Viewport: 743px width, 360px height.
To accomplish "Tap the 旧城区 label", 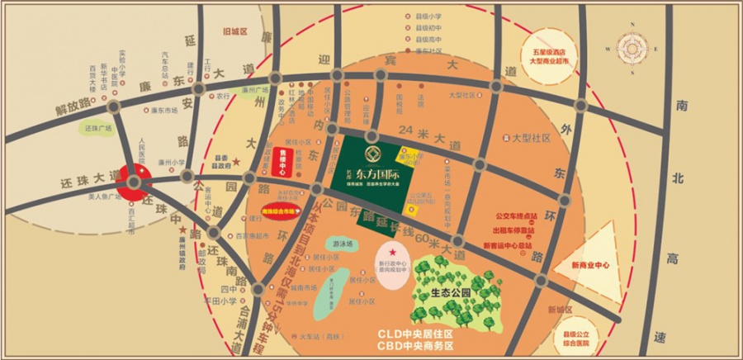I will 235,31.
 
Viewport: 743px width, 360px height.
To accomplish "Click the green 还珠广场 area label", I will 97,129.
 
